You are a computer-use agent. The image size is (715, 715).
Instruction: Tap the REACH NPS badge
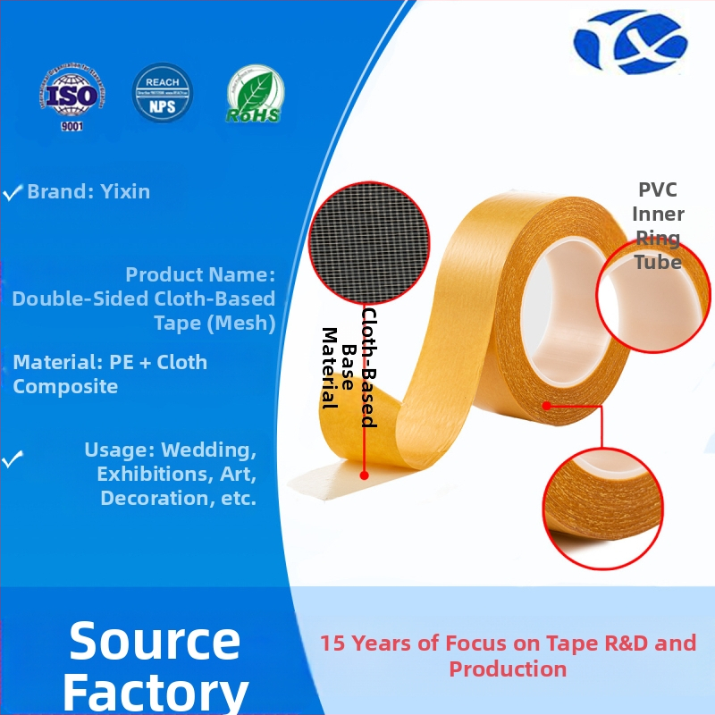[x=162, y=93]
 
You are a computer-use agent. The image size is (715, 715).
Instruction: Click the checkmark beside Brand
[x=13, y=192]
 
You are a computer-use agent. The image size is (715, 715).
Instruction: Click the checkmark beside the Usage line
[x=13, y=460]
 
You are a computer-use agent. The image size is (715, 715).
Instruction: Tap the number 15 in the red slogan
[x=332, y=643]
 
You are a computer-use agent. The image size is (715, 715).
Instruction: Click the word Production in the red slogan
[x=508, y=669]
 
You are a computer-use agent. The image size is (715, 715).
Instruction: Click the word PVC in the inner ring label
[x=657, y=190]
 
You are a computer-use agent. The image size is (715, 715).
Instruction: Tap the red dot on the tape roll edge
[x=545, y=407]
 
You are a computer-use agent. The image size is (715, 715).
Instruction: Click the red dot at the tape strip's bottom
[x=364, y=475]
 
